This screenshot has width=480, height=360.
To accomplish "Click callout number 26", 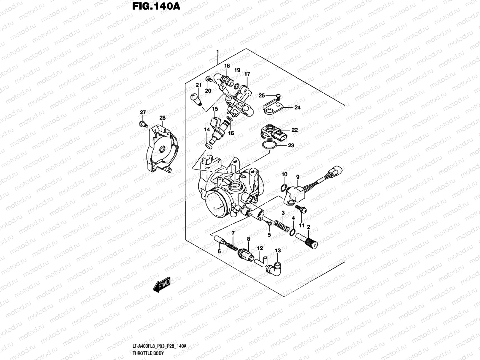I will click(x=162, y=118).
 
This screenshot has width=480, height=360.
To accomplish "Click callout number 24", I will click(x=297, y=107).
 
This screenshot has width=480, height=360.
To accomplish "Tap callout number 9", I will click(x=298, y=177).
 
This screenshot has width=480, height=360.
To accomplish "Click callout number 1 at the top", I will click(x=217, y=52).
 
